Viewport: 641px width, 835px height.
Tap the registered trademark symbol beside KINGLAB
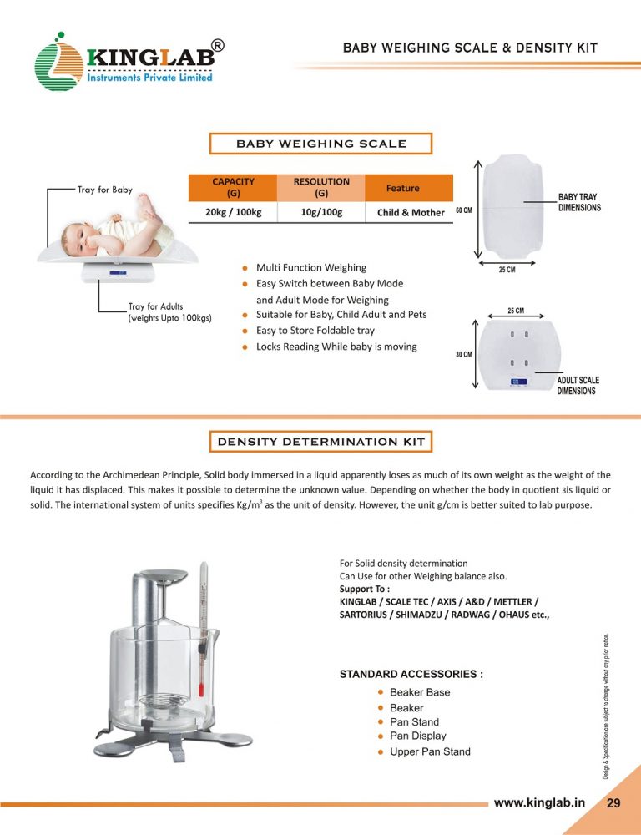(217, 47)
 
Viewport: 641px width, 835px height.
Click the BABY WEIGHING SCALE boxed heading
(321, 144)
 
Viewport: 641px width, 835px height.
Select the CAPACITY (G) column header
(234, 187)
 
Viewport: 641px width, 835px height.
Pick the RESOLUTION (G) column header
(321, 187)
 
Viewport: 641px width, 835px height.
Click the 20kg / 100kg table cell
(234, 212)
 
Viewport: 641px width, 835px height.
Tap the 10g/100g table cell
(321, 212)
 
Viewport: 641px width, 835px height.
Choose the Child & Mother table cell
(411, 212)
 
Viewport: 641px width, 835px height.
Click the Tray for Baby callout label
(104, 190)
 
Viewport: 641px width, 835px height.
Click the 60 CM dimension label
(464, 210)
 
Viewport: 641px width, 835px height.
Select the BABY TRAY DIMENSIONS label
(579, 202)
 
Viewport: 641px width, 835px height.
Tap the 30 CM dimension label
(464, 354)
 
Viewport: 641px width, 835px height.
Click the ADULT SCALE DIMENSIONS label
(578, 386)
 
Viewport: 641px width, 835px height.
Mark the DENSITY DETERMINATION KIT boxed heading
(321, 441)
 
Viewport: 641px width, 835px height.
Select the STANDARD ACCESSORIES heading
(411, 673)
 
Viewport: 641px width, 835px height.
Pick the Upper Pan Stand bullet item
(430, 751)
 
